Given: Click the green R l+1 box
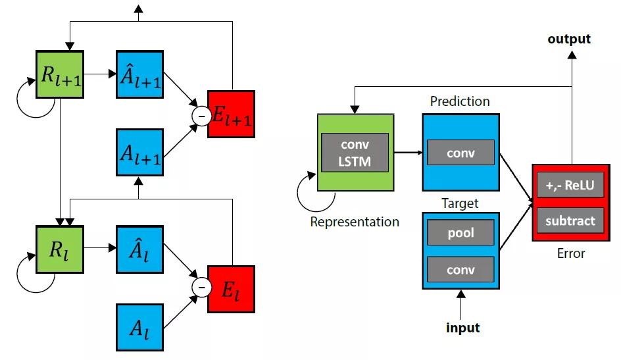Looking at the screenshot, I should (60, 74).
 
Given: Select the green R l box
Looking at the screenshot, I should (60, 249).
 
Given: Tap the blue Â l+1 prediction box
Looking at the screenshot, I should (139, 74).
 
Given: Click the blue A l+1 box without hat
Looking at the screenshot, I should (139, 153).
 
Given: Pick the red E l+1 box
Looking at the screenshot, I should (230, 114).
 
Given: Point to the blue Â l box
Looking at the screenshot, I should (139, 249).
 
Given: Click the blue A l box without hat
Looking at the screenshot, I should (139, 325).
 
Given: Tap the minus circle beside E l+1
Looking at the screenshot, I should (199, 115).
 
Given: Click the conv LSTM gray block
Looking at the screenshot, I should (355, 152).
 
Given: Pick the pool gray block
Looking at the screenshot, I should (460, 232).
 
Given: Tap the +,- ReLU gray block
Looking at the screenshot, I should (570, 185).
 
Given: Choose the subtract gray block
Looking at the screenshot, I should (570, 220).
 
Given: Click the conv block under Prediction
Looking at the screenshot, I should (460, 153).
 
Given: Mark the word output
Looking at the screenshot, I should (569, 39).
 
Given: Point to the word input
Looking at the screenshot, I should (462, 327).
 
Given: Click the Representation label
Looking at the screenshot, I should (355, 222).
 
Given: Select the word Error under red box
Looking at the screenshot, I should (570, 253).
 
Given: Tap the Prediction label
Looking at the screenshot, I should (460, 101).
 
